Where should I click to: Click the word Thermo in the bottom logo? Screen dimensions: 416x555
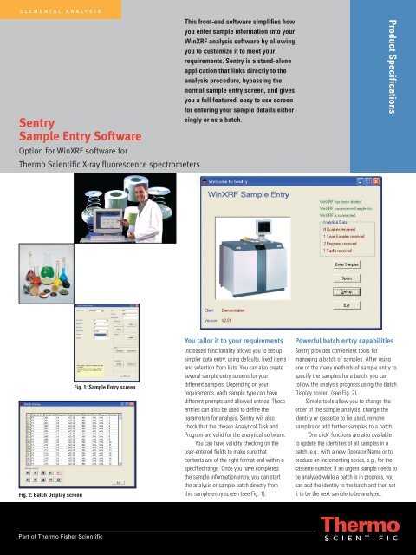coord(364,524)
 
